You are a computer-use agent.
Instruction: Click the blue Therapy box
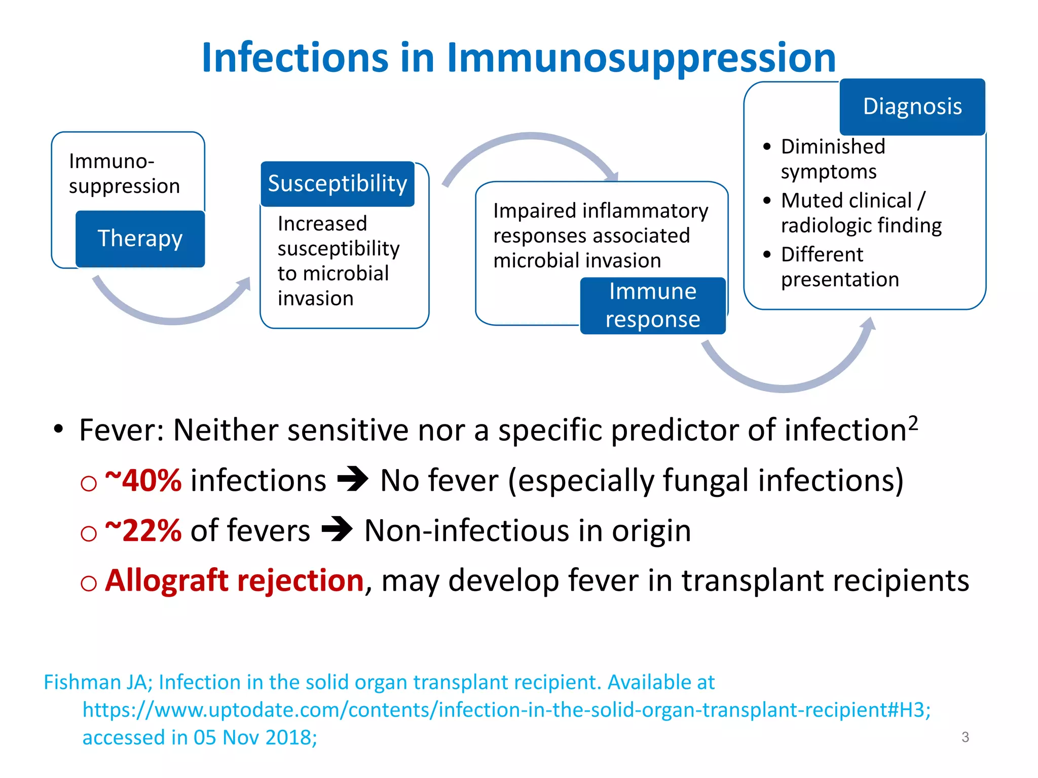point(140,239)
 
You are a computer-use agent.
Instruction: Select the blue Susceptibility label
point(338,183)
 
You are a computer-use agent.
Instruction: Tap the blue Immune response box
point(653,305)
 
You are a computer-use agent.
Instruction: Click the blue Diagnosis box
point(912,106)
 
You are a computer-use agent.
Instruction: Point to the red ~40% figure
point(143,480)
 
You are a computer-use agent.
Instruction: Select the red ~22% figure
point(143,530)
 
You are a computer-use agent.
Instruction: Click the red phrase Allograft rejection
point(234,580)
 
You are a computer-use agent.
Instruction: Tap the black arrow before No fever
point(353,479)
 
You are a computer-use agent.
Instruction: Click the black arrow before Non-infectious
point(337,529)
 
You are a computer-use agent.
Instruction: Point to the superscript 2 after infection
point(913,422)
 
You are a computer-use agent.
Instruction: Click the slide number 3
point(965,737)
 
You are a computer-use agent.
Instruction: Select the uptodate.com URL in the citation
point(507,710)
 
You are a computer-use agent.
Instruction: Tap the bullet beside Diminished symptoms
point(767,147)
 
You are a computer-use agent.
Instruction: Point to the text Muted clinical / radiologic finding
point(861,213)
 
